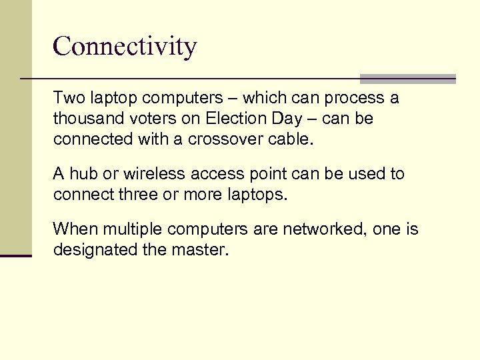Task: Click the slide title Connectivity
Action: pyautogui.click(x=125, y=47)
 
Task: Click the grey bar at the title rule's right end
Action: pyautogui.click(x=407, y=78)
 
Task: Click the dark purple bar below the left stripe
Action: pyautogui.click(x=16, y=255)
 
